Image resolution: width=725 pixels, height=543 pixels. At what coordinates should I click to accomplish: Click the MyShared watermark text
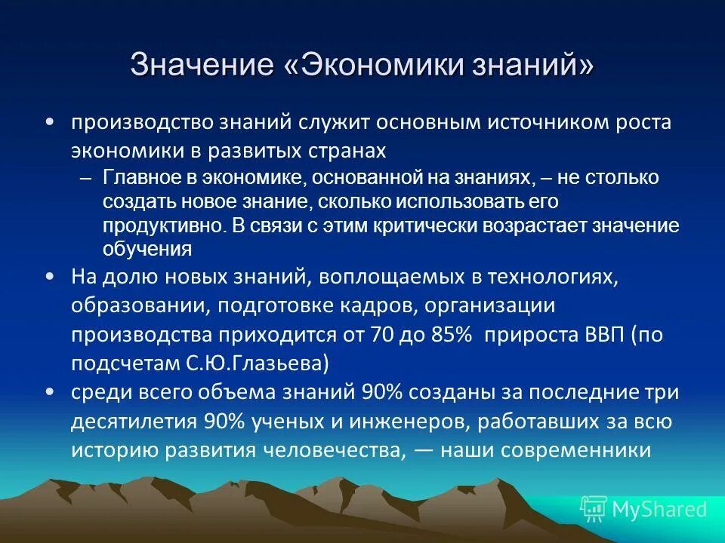click(x=659, y=509)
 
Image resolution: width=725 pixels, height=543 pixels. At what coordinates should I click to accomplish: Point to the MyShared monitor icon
click(x=594, y=509)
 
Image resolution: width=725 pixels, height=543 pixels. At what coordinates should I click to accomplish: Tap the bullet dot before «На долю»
click(x=50, y=277)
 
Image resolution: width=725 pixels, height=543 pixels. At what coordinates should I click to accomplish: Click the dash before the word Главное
click(x=85, y=178)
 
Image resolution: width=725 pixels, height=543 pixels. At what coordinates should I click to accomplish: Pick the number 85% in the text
click(x=451, y=335)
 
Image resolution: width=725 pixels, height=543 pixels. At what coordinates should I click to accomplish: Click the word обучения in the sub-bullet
click(x=147, y=248)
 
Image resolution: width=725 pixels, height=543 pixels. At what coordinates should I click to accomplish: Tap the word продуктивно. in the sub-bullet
click(x=164, y=225)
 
